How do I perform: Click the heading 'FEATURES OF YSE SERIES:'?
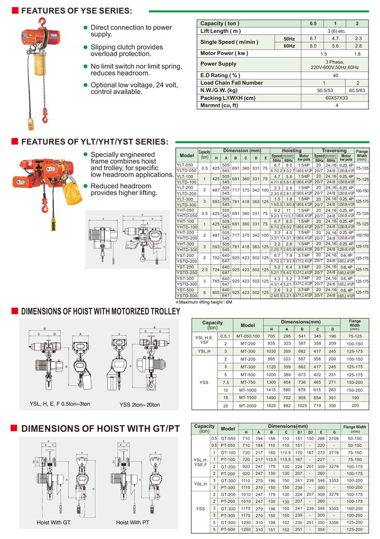click(x=77, y=11)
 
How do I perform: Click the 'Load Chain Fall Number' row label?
click(x=231, y=83)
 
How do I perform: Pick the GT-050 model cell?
click(x=228, y=439)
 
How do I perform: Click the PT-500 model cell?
click(x=228, y=528)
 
